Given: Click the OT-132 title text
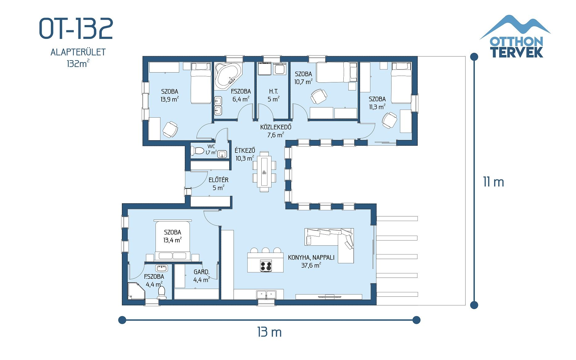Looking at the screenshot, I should point(76,28).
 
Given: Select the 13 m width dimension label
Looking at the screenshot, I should point(269,332).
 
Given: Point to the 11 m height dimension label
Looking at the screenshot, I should point(493,182).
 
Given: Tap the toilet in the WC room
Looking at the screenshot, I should point(197,151).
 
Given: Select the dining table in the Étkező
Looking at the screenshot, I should point(264,171).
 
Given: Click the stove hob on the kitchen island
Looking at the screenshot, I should point(266,266).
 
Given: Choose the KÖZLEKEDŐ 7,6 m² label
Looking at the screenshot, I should point(276,131).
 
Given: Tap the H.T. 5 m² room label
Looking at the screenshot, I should point(273,95).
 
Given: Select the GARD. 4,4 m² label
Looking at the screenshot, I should point(201,276).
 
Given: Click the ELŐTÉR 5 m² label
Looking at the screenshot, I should point(218,184).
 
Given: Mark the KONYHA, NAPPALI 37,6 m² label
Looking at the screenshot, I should point(311,261).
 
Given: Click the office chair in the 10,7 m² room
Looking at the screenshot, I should point(318,96).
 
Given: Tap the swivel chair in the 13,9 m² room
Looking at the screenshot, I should point(170,129).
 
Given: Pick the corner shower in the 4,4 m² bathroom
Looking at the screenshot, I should point(135,291).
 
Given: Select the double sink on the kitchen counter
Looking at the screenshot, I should point(266,294).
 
